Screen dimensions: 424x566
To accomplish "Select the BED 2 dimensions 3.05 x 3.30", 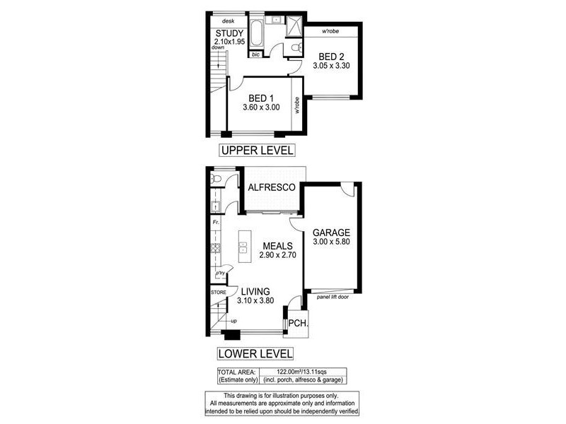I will [x=332, y=66].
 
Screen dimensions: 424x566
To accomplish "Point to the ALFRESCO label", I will [x=270, y=188].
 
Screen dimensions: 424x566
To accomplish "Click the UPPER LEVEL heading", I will [x=255, y=150].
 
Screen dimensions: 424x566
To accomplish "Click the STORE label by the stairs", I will [x=218, y=291].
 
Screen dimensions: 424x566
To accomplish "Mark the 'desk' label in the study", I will [x=228, y=21].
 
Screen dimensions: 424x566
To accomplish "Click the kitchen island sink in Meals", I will [x=243, y=247].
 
